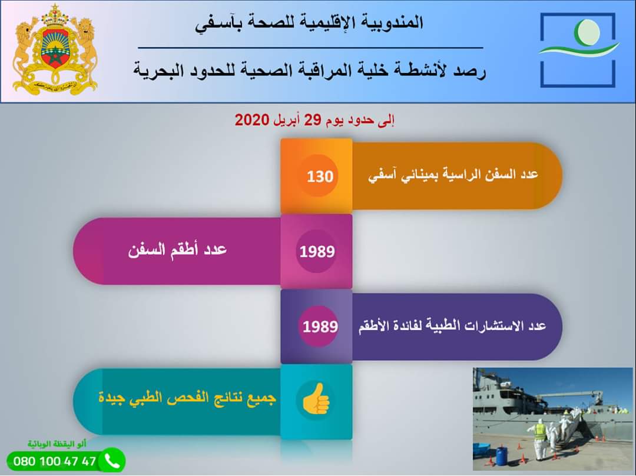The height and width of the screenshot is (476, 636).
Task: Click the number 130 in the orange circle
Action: click(320, 177)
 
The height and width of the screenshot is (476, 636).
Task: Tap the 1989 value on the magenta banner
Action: click(317, 252)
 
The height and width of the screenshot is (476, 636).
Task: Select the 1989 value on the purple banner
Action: click(320, 327)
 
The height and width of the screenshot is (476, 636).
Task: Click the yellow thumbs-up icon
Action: click(316, 398)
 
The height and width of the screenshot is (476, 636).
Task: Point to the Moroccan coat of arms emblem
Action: click(55, 50)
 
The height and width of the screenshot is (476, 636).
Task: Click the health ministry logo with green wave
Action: click(578, 50)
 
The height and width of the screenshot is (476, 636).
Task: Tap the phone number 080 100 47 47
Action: click(54, 461)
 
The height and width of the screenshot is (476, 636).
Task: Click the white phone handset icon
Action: click(111, 461)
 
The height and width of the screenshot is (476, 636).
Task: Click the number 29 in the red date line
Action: click(313, 120)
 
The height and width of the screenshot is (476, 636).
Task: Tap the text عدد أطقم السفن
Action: click(177, 249)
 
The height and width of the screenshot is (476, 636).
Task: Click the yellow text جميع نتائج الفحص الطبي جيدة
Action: click(187, 397)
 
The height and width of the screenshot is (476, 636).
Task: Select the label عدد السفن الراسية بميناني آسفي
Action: click(453, 175)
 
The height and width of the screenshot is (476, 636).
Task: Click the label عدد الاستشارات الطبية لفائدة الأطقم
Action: click(452, 325)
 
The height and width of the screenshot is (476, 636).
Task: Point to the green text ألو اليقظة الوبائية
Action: click(57, 444)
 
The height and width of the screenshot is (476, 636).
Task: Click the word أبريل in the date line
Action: click(287, 120)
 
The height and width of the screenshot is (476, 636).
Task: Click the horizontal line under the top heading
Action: click(311, 48)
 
